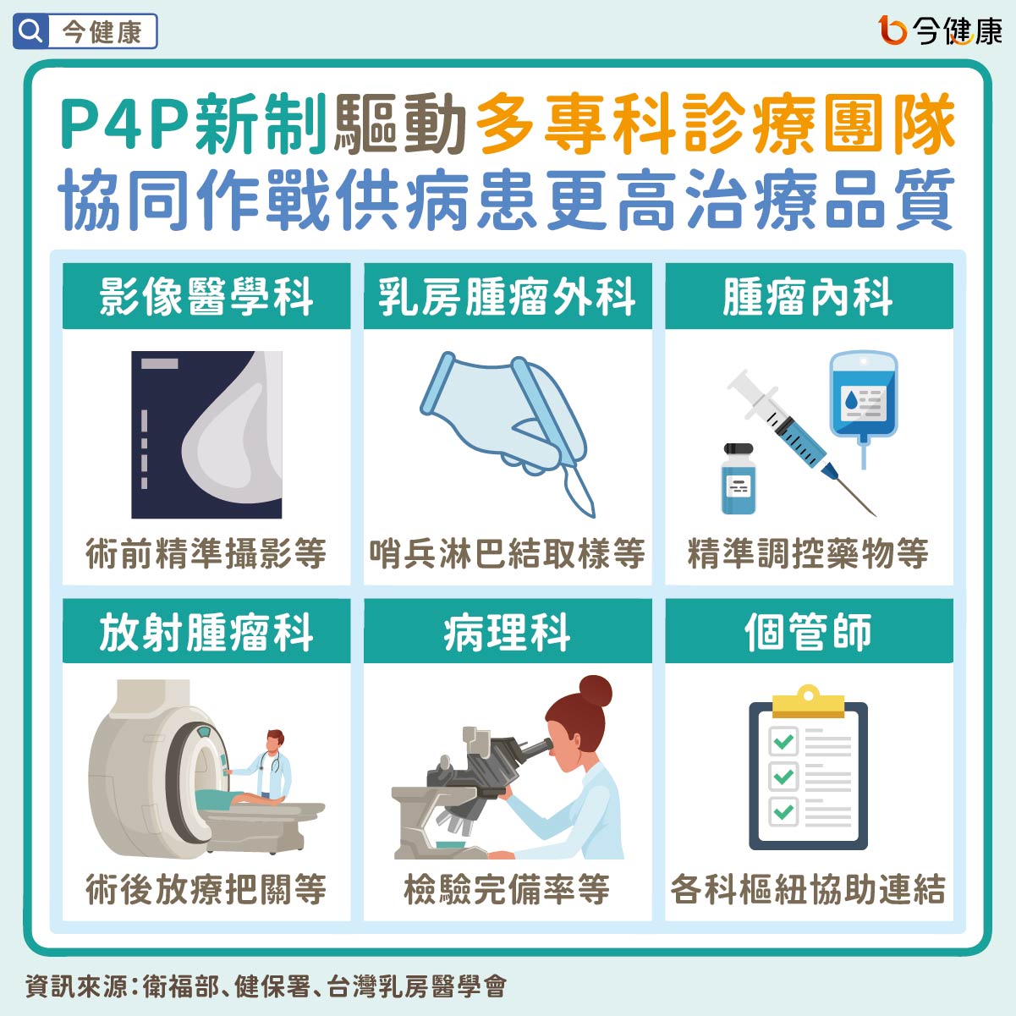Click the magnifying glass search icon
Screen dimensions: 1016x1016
pyautogui.click(x=30, y=31)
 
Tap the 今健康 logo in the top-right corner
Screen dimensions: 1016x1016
pyautogui.click(x=939, y=31)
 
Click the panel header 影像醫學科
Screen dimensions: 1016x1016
pyautogui.click(x=206, y=297)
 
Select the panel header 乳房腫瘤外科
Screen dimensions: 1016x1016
pyautogui.click(x=508, y=297)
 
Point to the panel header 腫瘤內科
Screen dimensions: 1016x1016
pyautogui.click(x=809, y=297)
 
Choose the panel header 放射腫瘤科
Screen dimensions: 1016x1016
pyautogui.click(x=206, y=632)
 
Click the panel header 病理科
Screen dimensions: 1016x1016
pyautogui.click(x=508, y=632)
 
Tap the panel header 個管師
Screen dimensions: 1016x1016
pyautogui.click(x=809, y=632)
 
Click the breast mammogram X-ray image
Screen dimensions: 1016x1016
pyautogui.click(x=206, y=434)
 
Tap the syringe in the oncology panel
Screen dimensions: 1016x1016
pyautogui.click(x=795, y=436)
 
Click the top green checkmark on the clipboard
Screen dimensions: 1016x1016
pyautogui.click(x=783, y=742)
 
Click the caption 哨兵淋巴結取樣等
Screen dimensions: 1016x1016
pyautogui.click(x=508, y=554)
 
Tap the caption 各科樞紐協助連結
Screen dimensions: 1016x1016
pyautogui.click(x=809, y=889)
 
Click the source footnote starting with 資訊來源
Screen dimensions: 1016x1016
pyautogui.click(x=266, y=986)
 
